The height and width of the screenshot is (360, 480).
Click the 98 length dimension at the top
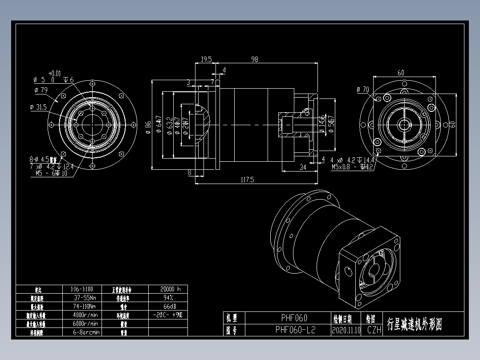pyautogui.click(x=255, y=59)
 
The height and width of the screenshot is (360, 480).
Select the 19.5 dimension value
pyautogui.click(x=206, y=59)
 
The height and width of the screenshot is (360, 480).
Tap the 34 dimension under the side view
pyautogui.click(x=303, y=167)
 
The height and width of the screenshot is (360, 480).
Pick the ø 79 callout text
pyautogui.click(x=41, y=90)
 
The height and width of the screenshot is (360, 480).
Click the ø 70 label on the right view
pyautogui.click(x=363, y=90)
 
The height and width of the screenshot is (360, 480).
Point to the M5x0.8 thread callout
pyautogui.click(x=352, y=167)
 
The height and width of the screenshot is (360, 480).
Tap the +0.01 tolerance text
pyautogui.click(x=54, y=73)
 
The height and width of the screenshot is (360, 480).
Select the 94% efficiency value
pyautogui.click(x=168, y=298)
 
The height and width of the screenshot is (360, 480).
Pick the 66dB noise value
pyautogui.click(x=168, y=307)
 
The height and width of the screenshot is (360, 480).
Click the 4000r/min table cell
pyautogui.click(x=85, y=315)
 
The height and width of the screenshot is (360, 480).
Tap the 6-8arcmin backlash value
pyautogui.click(x=85, y=332)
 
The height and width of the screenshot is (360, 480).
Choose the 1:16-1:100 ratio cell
pyautogui.click(x=82, y=289)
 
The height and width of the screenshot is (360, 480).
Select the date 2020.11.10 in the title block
pyautogui.click(x=346, y=330)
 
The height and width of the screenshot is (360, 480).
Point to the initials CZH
pyautogui.click(x=374, y=330)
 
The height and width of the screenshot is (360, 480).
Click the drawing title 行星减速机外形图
pyautogui.click(x=415, y=324)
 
